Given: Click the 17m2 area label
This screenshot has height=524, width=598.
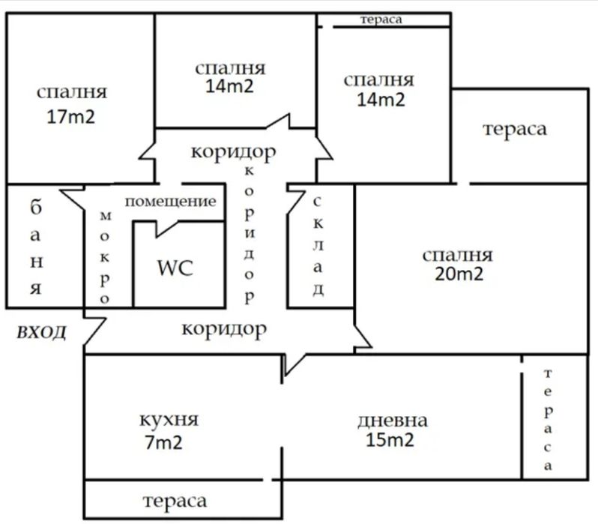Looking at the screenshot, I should pos(71,118).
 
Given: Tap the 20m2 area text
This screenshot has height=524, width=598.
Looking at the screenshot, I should pos(459,274).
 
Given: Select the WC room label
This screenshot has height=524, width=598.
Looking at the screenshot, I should pos(175,268).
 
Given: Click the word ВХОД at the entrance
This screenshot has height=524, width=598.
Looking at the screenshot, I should pos(41,332).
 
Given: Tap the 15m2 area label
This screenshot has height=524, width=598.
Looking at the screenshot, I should pos(390,441).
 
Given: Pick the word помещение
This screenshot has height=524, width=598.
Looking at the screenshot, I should pos(170,201).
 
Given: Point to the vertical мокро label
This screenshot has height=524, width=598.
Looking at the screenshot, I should pos(106,256).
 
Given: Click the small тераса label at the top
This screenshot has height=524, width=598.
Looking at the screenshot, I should pos(381,20).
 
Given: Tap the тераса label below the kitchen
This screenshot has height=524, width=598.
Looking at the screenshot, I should pos(174,500).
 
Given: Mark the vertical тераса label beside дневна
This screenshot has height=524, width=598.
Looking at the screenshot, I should pos(549,420).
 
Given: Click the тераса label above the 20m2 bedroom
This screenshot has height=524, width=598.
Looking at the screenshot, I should pos(515,128).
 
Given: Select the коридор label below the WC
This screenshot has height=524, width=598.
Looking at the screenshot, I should pos(225,328).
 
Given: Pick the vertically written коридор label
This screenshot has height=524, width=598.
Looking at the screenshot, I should pos(249,232).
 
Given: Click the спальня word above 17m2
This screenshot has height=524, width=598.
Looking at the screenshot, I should pos(71,92).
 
